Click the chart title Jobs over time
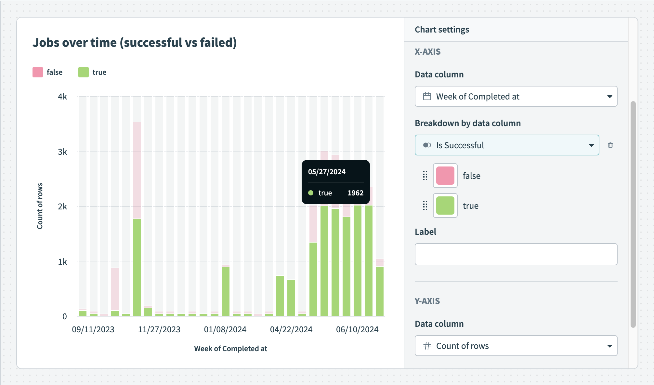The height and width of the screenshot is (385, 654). (x=134, y=43)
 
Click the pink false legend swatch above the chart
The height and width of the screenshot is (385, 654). (x=38, y=72)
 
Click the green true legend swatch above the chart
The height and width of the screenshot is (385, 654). (x=84, y=72)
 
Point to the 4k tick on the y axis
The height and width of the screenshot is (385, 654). (x=62, y=97)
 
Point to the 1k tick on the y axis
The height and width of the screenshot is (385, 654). (x=62, y=262)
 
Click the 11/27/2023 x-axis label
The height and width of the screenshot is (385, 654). (x=159, y=329)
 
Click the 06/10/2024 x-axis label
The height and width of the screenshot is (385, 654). (x=357, y=329)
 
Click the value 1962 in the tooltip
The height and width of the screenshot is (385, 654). (x=355, y=193)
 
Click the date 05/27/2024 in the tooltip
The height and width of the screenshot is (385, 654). (x=327, y=172)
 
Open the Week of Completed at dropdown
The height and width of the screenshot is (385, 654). (x=516, y=96)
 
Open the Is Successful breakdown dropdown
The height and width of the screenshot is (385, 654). (x=507, y=145)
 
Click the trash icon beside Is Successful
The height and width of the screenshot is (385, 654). (x=610, y=145)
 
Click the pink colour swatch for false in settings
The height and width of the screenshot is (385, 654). (x=445, y=176)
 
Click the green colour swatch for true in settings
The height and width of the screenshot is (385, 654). (x=445, y=206)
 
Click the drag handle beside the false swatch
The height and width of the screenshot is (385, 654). (x=425, y=176)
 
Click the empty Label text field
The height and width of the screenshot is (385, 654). (x=516, y=254)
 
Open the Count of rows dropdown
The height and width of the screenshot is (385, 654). (x=516, y=346)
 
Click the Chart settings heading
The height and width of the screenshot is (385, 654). (x=442, y=30)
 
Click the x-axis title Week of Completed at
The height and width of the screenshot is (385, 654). (x=230, y=349)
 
